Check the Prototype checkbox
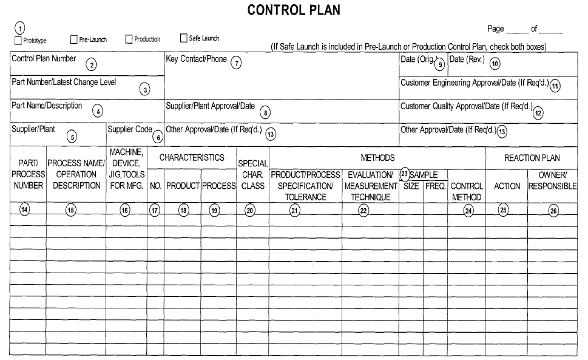(18, 40)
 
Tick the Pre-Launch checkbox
(74, 39)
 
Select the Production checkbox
(129, 39)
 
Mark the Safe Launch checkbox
(183, 38)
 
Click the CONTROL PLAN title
(294, 10)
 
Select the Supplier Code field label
(129, 129)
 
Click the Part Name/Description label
(47, 106)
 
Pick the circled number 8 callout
(265, 112)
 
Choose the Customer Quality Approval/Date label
(465, 106)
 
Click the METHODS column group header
(377, 158)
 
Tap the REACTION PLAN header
(532, 158)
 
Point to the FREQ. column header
(435, 186)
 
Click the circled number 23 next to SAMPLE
(405, 174)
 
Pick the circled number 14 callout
(24, 210)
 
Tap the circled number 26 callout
(552, 211)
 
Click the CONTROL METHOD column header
(467, 192)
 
